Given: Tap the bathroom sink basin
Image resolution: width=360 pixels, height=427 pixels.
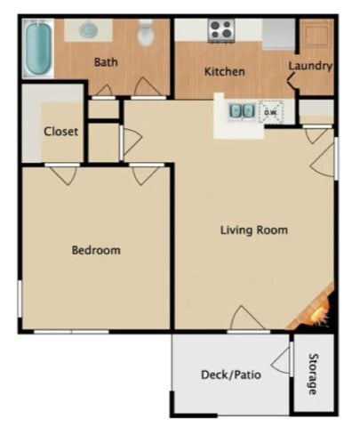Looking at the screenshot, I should [89, 30].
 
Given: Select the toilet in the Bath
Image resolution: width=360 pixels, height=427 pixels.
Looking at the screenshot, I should [147, 34].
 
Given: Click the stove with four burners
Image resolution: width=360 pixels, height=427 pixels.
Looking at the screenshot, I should [221, 30].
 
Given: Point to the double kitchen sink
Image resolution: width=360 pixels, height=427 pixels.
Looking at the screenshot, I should [239, 111].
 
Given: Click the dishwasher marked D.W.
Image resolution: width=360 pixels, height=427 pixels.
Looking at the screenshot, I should [270, 112].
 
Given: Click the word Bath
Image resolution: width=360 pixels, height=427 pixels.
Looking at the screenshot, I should [107, 62].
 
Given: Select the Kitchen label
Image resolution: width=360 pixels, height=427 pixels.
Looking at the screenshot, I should [224, 71].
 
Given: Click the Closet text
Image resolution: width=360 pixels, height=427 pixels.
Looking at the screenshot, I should [60, 132].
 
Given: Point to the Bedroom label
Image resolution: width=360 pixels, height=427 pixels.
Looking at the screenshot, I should [95, 250].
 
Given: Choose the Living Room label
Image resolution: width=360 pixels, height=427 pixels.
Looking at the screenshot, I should [254, 230].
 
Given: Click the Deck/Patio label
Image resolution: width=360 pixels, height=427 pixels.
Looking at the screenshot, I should [231, 375].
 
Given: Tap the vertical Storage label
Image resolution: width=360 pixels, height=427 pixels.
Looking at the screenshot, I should [312, 375].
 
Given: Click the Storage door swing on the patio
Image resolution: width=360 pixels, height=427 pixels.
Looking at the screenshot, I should [282, 360].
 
